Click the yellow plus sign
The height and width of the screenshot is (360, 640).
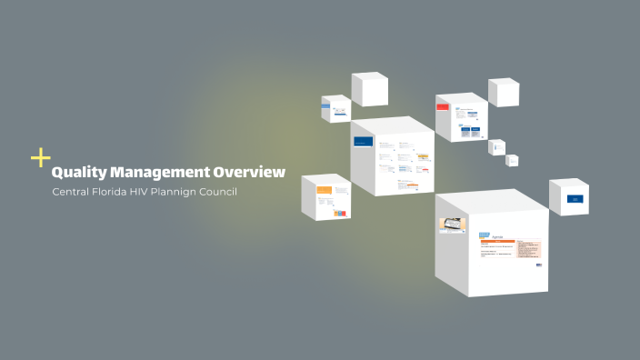pyautogui.click(x=40, y=158)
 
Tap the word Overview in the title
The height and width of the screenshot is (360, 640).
pyautogui.click(x=248, y=172)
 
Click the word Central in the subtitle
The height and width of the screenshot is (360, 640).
pyautogui.click(x=73, y=192)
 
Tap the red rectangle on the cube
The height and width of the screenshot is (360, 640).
pyautogui.click(x=443, y=106)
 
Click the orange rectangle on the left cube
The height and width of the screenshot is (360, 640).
pyautogui.click(x=323, y=190)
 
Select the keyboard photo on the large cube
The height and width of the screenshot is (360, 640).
pyautogui.click(x=452, y=225)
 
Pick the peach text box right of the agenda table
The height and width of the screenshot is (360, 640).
pyautogui.click(x=529, y=248)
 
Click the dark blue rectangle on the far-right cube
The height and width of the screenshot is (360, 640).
pyautogui.click(x=574, y=198)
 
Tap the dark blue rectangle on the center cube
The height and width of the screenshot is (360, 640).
pyautogui.click(x=364, y=142)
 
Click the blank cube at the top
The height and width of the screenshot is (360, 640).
pyautogui.click(x=369, y=89)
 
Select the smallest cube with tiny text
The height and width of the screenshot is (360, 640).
pyautogui.click(x=512, y=160)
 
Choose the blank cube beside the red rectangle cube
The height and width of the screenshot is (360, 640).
pyautogui.click(x=504, y=93)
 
